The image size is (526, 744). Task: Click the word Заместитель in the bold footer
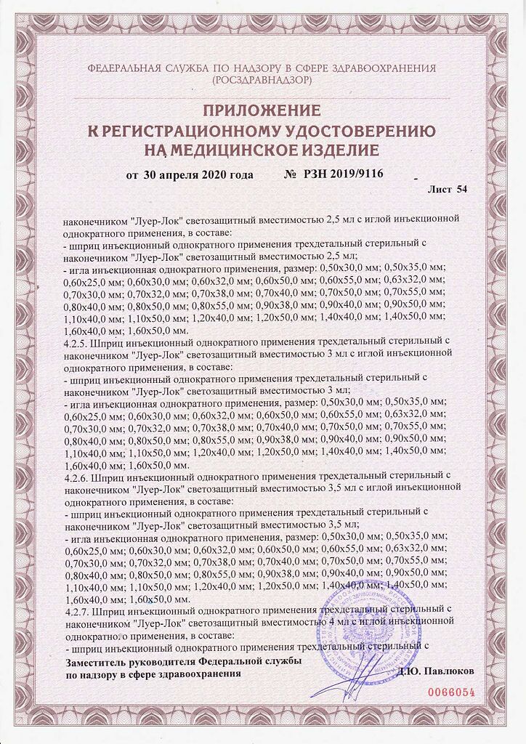96,663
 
